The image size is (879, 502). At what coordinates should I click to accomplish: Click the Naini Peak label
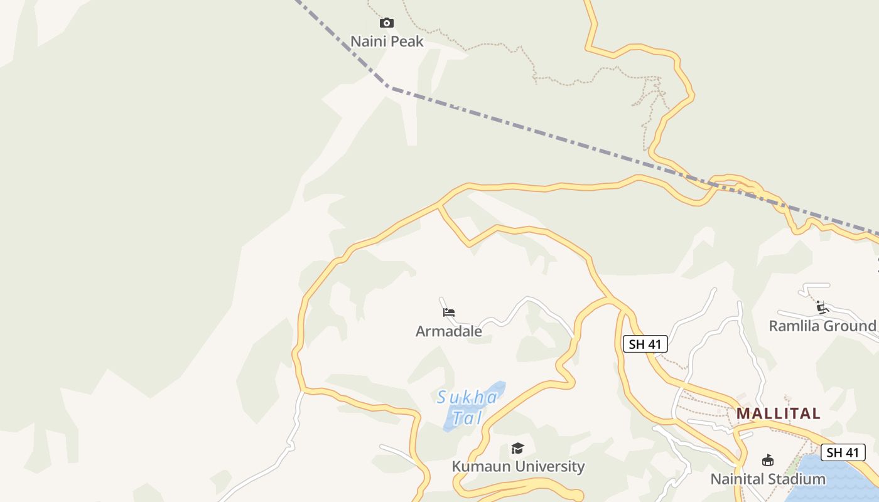tap(387, 41)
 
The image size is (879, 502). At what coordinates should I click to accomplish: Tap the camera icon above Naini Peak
tap(387, 23)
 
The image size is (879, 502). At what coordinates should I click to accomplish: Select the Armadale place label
tap(448, 331)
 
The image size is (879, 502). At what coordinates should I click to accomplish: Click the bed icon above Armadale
tap(448, 312)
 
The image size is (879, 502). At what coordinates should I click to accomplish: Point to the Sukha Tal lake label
tap(468, 407)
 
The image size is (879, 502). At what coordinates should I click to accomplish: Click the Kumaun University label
tap(518, 466)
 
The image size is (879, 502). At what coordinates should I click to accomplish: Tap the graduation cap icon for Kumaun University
tap(517, 448)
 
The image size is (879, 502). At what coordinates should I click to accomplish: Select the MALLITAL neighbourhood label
tap(778, 414)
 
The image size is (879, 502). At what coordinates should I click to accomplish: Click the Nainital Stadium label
tap(767, 479)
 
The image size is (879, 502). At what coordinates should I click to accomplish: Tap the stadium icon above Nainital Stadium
tap(767, 461)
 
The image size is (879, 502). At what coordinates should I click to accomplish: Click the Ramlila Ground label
tap(822, 326)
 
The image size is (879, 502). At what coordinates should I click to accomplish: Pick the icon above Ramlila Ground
tap(822, 307)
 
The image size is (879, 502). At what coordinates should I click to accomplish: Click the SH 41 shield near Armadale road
tap(645, 344)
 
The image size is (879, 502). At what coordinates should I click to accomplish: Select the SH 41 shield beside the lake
tap(843, 452)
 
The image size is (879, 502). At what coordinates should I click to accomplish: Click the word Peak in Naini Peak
tap(407, 41)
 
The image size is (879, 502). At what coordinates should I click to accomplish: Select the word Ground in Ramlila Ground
tap(849, 326)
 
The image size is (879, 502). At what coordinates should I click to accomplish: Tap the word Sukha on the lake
tap(468, 397)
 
